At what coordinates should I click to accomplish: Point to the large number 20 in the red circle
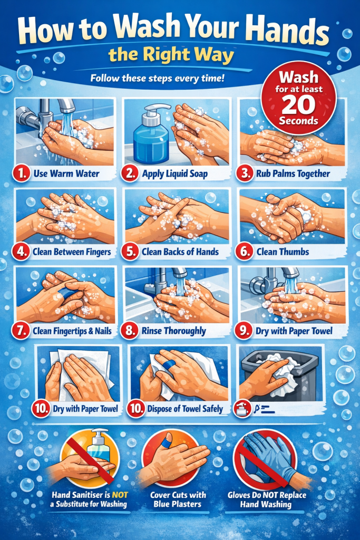[x=298, y=105]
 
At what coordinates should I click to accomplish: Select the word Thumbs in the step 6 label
[x=293, y=252]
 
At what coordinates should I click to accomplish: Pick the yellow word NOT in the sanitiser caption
[x=120, y=495]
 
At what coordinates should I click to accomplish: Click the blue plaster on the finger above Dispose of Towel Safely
[x=170, y=365]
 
